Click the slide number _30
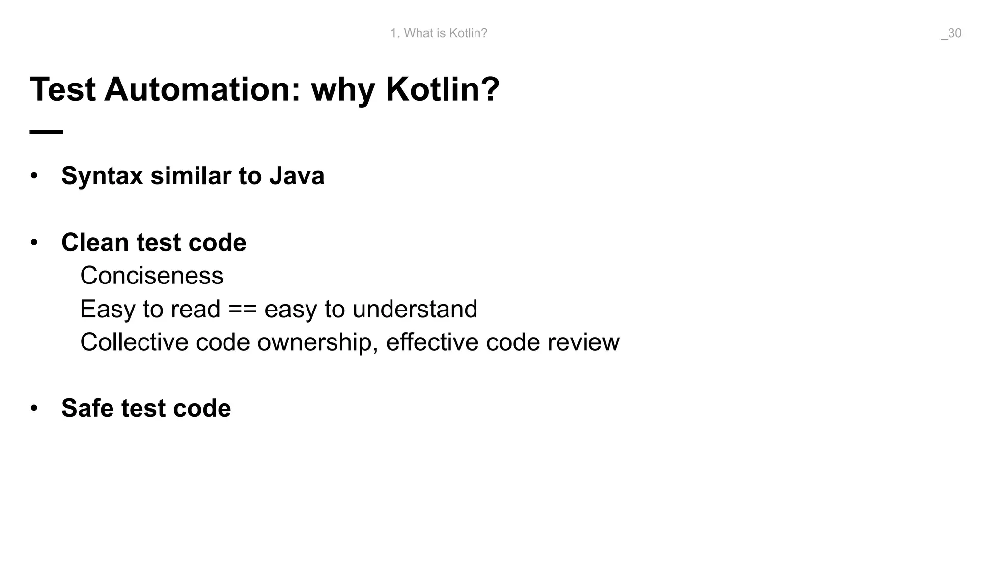click(951, 33)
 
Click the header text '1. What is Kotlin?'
click(439, 33)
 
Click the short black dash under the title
click(47, 132)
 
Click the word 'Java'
click(297, 176)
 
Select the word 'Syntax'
click(102, 176)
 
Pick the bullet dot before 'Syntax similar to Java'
click(34, 176)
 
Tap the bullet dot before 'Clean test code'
click(34, 243)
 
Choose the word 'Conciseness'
click(152, 276)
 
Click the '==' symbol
click(242, 310)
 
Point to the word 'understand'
click(415, 309)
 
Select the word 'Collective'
click(134, 342)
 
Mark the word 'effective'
click(432, 342)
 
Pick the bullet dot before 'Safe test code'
click(34, 408)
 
